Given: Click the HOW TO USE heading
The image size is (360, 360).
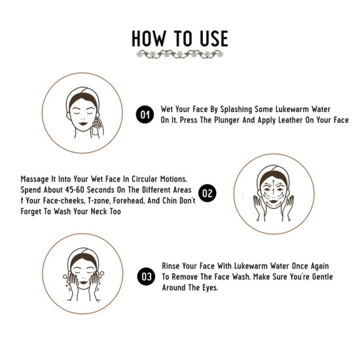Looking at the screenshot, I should click(179, 38).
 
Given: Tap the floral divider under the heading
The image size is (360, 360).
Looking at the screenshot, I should click(179, 54).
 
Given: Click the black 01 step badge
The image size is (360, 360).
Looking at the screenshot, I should click(145, 115).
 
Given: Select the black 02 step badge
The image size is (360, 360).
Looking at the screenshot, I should click(207, 192).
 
